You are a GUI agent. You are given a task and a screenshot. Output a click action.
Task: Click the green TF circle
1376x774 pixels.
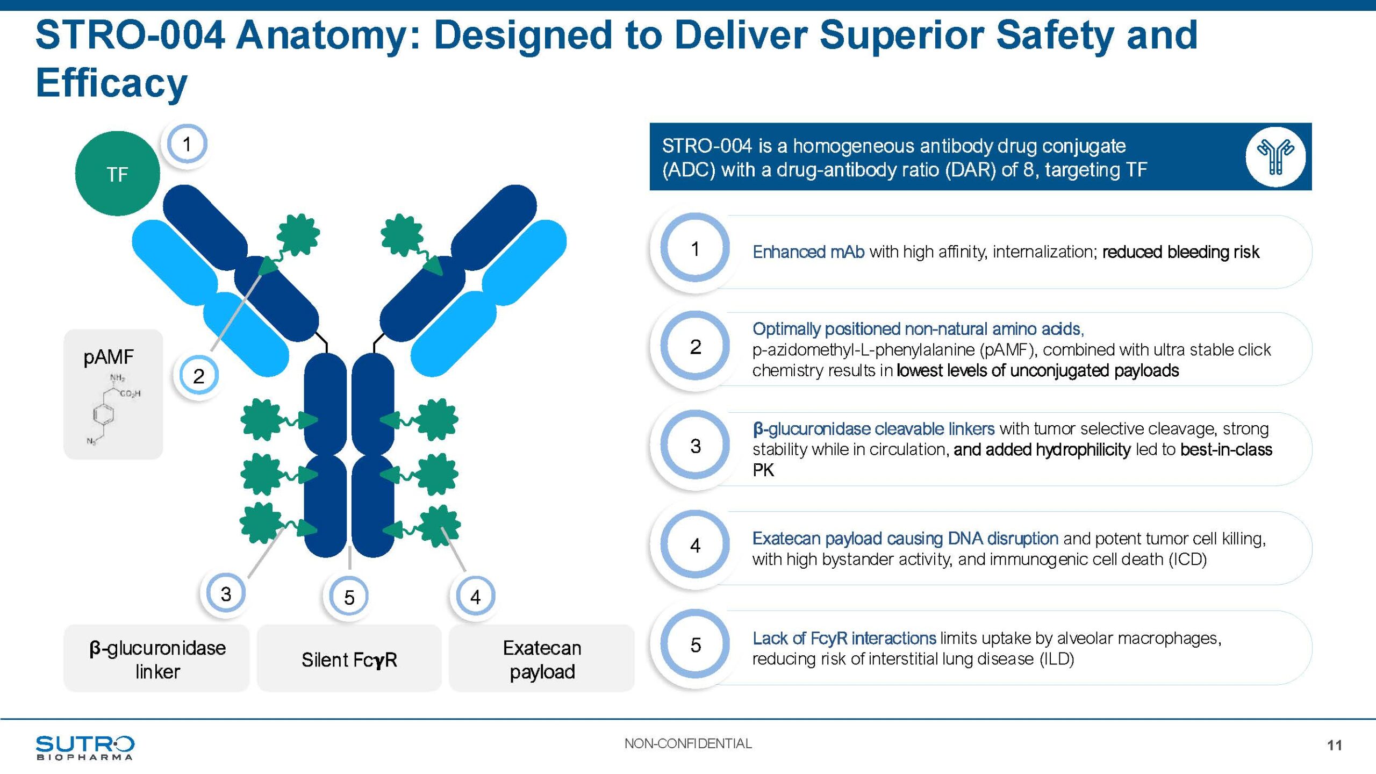[117, 174]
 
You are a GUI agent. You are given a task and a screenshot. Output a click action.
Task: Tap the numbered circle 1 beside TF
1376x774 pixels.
[187, 144]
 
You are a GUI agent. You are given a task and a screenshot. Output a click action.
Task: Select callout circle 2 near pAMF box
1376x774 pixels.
[198, 376]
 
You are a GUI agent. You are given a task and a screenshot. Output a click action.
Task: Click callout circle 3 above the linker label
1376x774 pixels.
[226, 593]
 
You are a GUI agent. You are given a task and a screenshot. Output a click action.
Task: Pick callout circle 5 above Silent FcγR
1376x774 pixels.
[349, 597]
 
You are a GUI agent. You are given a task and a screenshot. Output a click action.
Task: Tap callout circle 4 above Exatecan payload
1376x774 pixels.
[475, 596]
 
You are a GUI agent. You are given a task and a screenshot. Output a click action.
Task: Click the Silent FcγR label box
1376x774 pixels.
[349, 659]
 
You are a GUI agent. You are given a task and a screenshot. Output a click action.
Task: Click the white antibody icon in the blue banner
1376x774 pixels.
[1275, 156]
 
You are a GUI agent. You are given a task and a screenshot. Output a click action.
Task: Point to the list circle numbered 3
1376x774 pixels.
[695, 446]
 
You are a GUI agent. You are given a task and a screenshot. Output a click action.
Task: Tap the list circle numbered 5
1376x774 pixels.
[695, 644]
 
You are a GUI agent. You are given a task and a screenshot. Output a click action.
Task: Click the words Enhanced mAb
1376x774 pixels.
[808, 252]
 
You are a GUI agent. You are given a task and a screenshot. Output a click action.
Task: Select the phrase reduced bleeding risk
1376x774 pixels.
[1180, 252]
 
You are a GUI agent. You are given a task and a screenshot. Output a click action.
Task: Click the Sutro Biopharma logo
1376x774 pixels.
[85, 747]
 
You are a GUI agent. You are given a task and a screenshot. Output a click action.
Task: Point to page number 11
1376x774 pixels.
[1334, 745]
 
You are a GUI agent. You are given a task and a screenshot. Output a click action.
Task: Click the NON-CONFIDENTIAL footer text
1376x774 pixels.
[688, 743]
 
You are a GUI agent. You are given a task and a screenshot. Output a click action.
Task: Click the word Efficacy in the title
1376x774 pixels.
[112, 83]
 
